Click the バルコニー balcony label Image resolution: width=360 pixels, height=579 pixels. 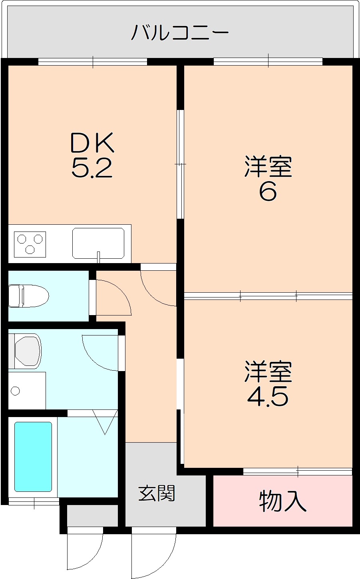tap(180, 32)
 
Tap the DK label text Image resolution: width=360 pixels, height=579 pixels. tap(92, 142)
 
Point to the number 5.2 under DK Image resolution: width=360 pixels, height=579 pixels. tap(91, 168)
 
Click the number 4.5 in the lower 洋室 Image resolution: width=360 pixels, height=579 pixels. tap(268, 397)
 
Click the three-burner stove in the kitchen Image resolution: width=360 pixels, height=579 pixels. tap(30, 244)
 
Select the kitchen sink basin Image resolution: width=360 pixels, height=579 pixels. tap(98, 243)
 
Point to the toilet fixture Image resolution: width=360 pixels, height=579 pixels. tap(28, 296)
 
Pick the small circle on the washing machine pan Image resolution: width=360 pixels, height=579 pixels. tap(15, 391)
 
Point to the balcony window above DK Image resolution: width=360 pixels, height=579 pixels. tap(93, 62)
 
